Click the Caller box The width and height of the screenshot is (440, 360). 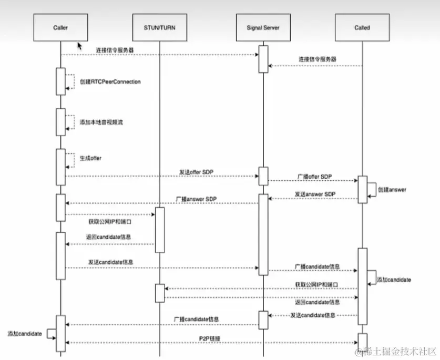(x=61, y=27)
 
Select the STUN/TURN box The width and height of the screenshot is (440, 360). (x=160, y=27)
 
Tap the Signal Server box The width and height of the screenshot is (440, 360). (x=263, y=27)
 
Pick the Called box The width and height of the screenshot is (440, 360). (x=362, y=27)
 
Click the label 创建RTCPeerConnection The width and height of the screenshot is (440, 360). (x=110, y=82)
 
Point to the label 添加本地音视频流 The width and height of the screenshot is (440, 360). (x=101, y=122)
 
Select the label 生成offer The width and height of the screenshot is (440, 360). (x=90, y=158)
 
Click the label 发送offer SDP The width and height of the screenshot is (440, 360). (x=196, y=172)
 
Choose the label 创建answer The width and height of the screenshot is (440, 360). (x=392, y=189)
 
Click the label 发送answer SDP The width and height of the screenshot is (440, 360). (x=314, y=194)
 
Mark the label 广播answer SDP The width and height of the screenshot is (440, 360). (x=196, y=199)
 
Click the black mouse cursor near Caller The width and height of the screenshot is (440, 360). (x=80, y=47)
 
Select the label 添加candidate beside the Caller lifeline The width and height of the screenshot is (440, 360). (x=24, y=334)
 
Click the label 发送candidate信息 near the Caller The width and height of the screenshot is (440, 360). (x=110, y=261)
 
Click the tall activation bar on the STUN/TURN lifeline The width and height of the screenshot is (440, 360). (x=160, y=229)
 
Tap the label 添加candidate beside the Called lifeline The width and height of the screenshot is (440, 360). (x=394, y=279)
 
